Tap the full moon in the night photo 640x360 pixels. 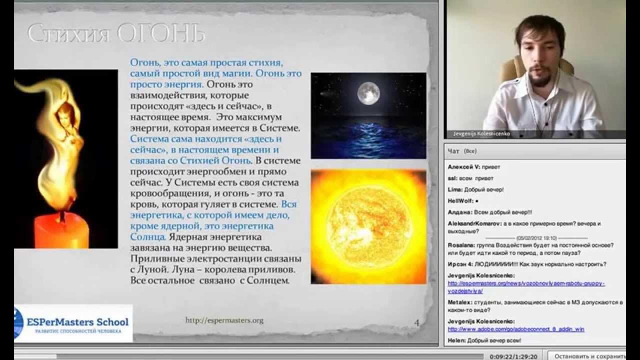[368, 93]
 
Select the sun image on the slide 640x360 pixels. [368, 227]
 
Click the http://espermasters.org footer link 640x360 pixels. [224, 320]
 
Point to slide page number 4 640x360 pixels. [417, 323]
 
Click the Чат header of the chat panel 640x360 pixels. [453, 151]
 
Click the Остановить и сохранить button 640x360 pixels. [590, 356]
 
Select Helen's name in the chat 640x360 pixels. [456, 340]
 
